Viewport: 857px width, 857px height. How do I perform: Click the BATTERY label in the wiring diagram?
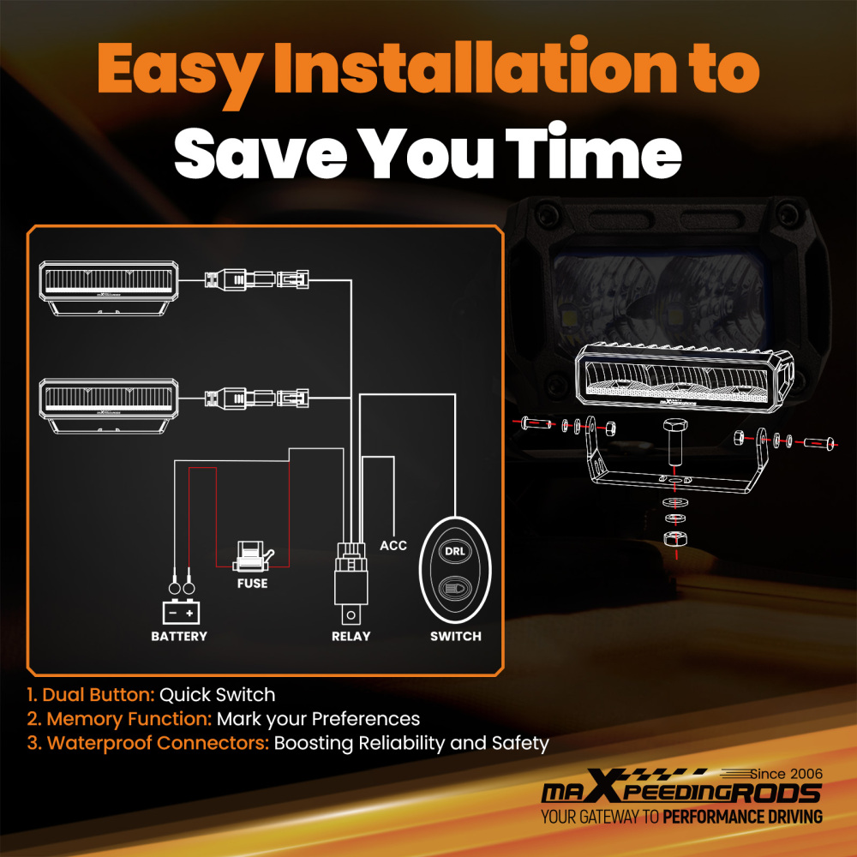point(179,636)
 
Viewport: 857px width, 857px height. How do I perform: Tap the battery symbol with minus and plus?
point(182,612)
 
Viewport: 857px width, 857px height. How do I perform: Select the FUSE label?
point(253,583)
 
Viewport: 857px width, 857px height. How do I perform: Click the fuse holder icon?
point(252,556)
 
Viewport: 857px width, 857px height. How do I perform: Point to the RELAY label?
point(351,636)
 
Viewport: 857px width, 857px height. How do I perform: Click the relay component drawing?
point(351,583)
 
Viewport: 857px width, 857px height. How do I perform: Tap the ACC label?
point(393,545)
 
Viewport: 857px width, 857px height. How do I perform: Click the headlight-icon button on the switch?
point(455,589)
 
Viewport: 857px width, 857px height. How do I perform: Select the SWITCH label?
point(456,636)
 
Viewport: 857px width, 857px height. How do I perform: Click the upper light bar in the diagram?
point(109,288)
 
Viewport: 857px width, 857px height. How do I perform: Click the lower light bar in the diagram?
point(109,405)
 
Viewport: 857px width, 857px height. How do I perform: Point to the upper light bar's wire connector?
point(256,279)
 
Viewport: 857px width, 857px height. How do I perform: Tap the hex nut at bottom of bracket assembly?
point(675,538)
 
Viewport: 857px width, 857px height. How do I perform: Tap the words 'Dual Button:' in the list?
point(92,695)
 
